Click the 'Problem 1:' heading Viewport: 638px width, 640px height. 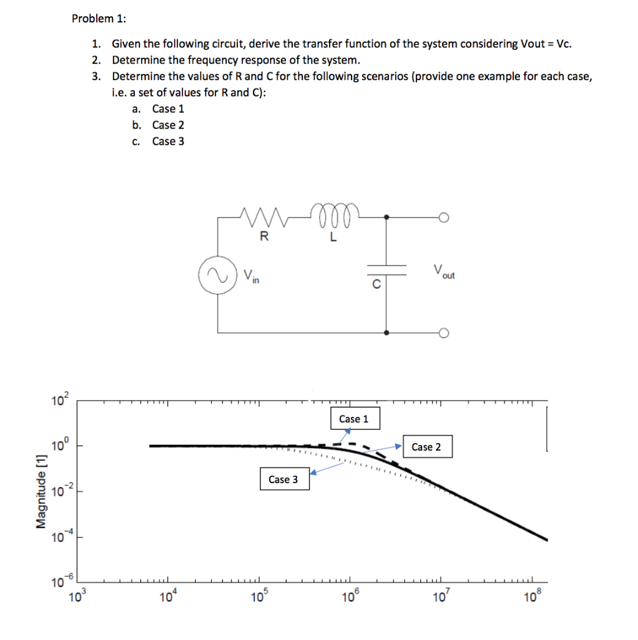click(99, 18)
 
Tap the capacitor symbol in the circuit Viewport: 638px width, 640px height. click(386, 269)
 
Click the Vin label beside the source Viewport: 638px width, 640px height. click(252, 274)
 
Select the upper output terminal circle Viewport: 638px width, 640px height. click(444, 217)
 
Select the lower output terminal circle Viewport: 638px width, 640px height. click(444, 332)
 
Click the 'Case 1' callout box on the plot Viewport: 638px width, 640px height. click(353, 419)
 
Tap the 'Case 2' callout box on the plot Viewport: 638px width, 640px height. click(426, 447)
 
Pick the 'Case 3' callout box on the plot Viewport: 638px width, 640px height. click(283, 479)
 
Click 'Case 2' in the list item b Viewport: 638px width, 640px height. click(168, 125)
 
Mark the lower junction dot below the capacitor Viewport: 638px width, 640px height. click(386, 332)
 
